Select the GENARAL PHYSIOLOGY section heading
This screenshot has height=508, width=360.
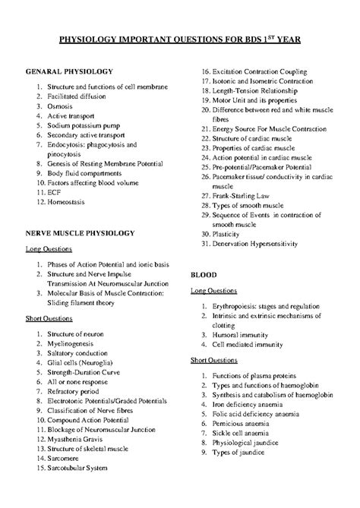point(69,71)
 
